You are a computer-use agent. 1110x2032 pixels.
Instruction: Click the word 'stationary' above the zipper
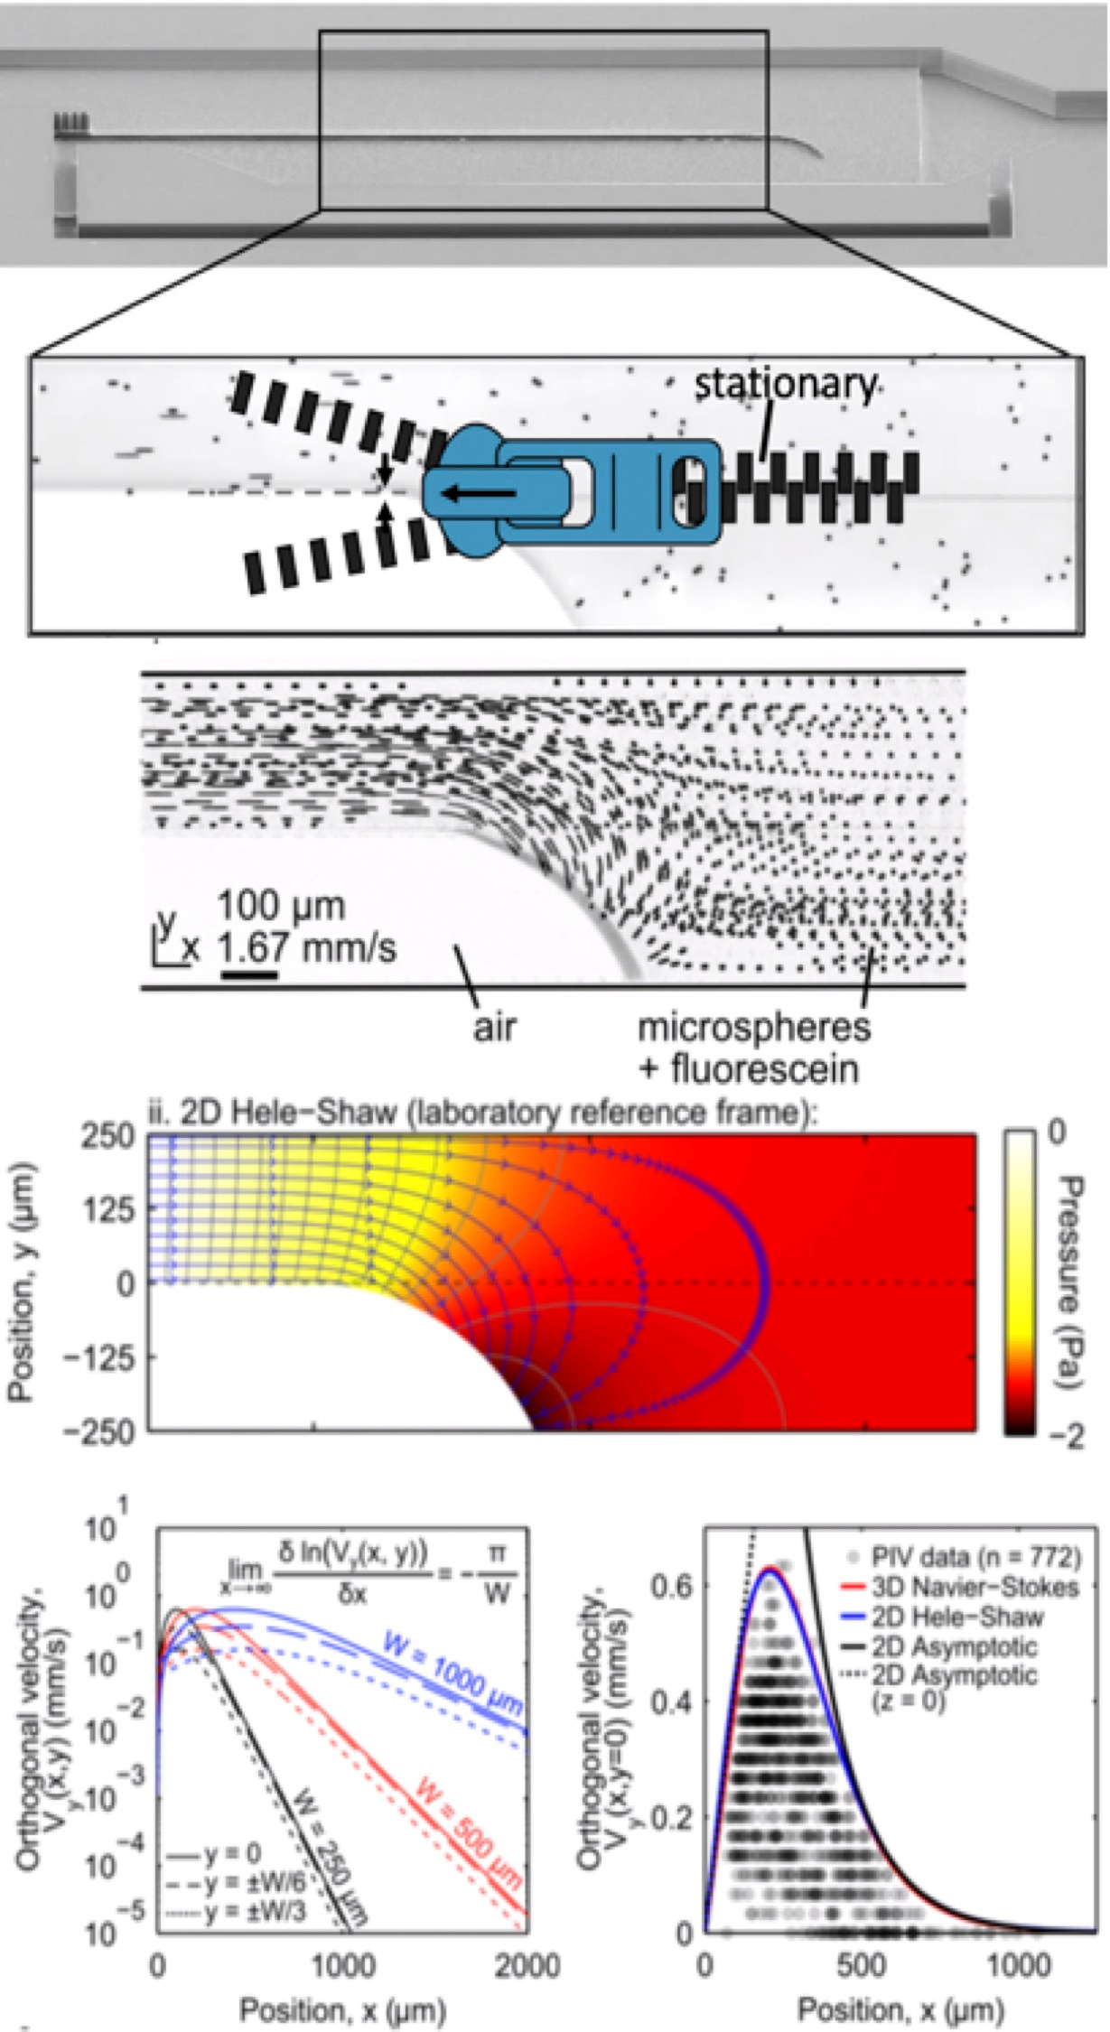[784, 386]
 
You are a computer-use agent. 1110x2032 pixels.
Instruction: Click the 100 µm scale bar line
[249, 974]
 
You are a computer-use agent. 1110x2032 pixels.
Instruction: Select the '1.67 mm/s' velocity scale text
[308, 948]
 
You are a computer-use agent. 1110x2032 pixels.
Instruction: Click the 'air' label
[496, 1027]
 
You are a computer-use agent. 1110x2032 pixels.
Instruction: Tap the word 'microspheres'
[754, 1027]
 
